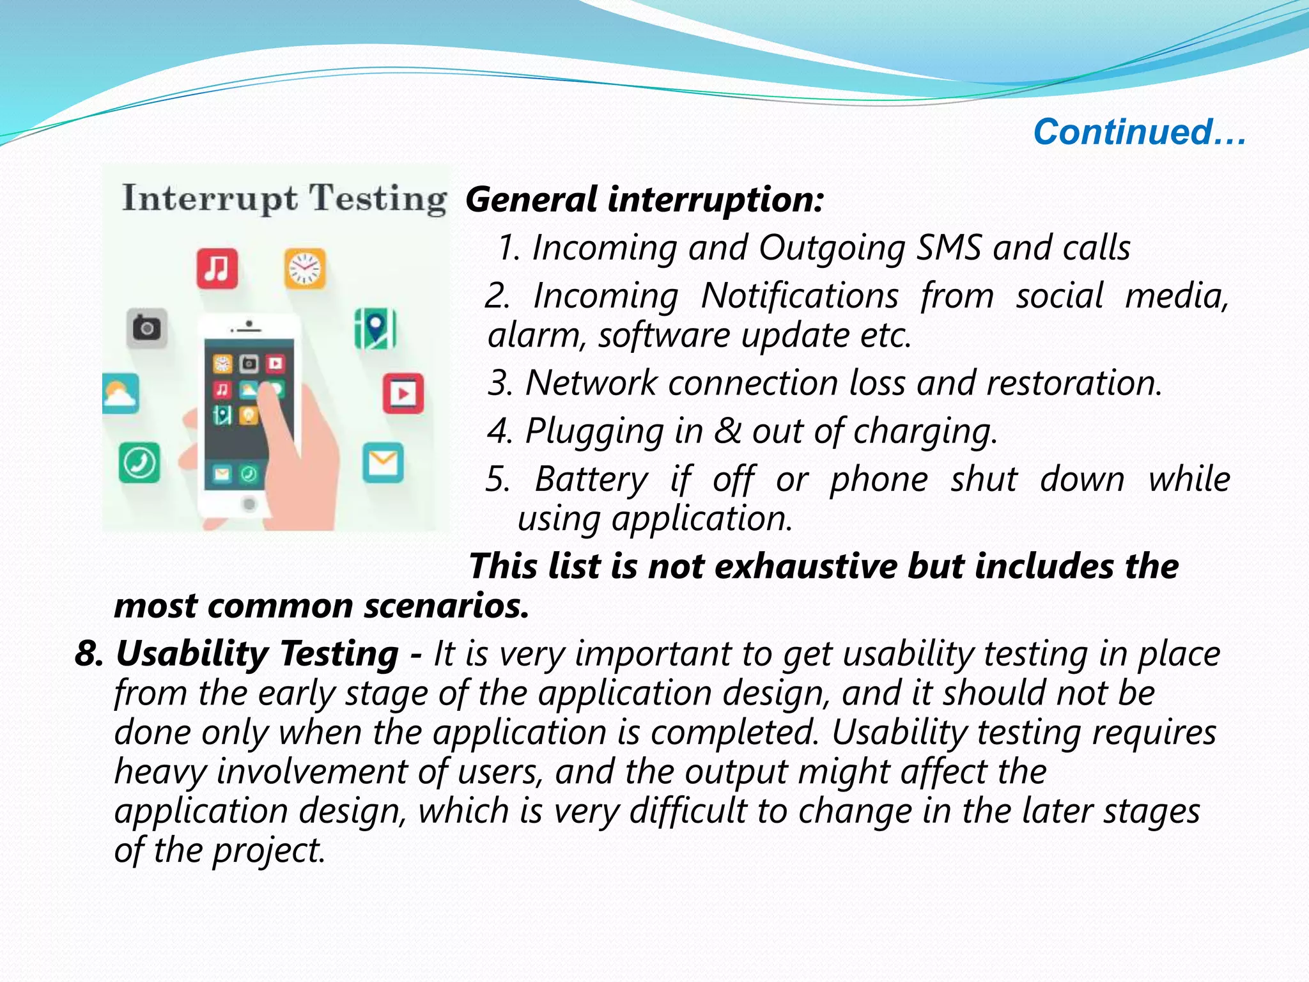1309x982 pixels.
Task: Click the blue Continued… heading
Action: pyautogui.click(x=1139, y=132)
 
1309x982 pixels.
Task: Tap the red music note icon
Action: pyautogui.click(x=217, y=269)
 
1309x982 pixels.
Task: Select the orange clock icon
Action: pyautogui.click(x=305, y=269)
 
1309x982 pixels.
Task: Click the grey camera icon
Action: pyautogui.click(x=147, y=329)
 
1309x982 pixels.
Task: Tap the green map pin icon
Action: pyautogui.click(x=375, y=329)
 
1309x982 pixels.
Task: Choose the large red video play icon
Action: pyautogui.click(x=403, y=393)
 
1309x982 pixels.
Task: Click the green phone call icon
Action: pyautogui.click(x=139, y=462)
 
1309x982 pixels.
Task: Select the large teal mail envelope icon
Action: pyautogui.click(x=383, y=462)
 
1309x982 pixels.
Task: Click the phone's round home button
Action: pyautogui.click(x=249, y=504)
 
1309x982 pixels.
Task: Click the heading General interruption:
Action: pyautogui.click(x=644, y=199)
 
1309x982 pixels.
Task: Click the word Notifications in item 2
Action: pyautogui.click(x=800, y=296)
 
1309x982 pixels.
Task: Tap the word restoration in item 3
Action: pyautogui.click(x=1073, y=383)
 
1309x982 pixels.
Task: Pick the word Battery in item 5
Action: pyautogui.click(x=591, y=479)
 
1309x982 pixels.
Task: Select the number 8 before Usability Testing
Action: pyautogui.click(x=88, y=653)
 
